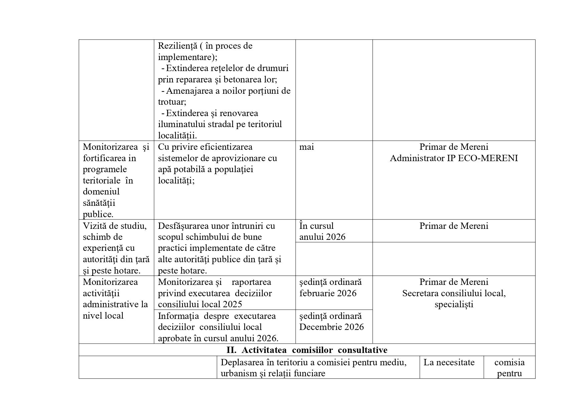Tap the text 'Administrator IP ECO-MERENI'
[x=454, y=158]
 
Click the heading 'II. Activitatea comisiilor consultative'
[x=307, y=350]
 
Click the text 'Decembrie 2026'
[x=331, y=327]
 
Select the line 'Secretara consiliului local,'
[x=454, y=293]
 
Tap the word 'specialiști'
[x=454, y=305]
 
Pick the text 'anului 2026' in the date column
[x=322, y=237]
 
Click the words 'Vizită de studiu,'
[x=115, y=226]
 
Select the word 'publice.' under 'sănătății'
[x=98, y=214]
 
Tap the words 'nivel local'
[x=103, y=316]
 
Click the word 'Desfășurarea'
[x=183, y=226]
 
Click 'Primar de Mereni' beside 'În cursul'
[x=454, y=226]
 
